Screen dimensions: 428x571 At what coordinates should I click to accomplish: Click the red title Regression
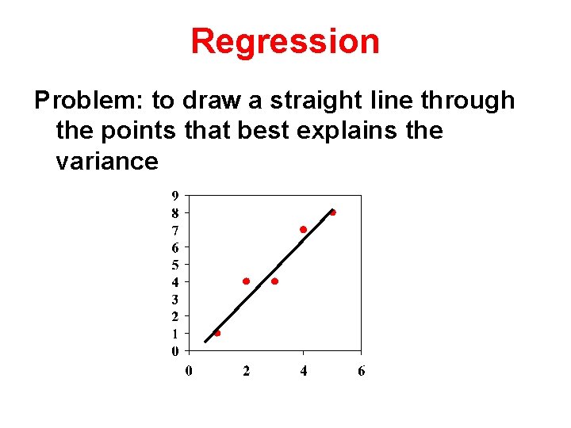point(285,41)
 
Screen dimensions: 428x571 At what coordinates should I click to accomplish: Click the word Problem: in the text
point(88,101)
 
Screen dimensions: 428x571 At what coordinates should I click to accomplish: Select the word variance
point(107,161)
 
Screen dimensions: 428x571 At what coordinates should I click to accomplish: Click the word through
point(468,101)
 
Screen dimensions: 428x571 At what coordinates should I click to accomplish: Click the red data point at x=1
point(217,334)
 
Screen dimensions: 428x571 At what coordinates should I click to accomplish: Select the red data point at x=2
point(246,281)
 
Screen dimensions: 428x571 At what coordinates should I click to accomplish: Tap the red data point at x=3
point(274,281)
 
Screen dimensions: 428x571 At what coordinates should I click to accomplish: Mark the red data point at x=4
point(303,229)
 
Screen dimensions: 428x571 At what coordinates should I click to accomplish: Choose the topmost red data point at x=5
point(332,212)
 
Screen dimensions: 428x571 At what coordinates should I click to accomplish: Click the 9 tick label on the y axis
point(174,195)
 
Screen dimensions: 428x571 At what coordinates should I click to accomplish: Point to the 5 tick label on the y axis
point(174,264)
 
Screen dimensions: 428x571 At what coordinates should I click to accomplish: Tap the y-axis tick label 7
point(174,230)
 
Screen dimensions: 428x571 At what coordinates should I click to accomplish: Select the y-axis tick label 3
point(174,299)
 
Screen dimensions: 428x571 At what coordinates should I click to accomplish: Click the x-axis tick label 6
point(361,371)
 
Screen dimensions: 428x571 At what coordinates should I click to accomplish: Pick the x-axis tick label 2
point(246,371)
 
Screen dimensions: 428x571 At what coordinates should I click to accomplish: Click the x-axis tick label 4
point(304,371)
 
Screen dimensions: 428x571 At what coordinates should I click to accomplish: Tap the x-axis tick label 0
point(189,371)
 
